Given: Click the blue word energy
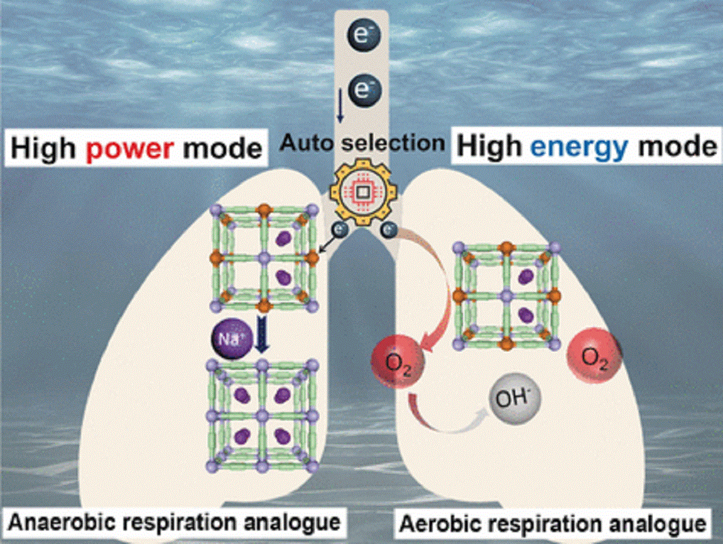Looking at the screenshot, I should click(579, 147).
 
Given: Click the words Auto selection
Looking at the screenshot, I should click(362, 143).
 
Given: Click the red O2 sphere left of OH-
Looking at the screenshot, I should click(397, 361).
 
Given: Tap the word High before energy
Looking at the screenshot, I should click(490, 147).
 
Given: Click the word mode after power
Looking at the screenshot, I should click(222, 148).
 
